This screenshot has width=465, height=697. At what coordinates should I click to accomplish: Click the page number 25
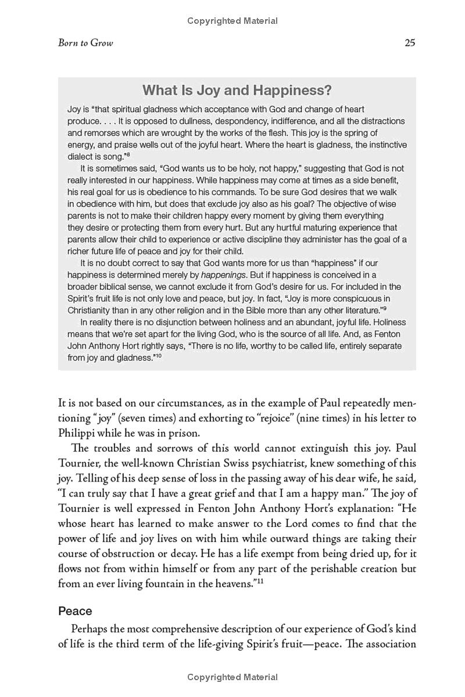[409, 44]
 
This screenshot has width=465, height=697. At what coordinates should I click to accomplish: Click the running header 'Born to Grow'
[85, 44]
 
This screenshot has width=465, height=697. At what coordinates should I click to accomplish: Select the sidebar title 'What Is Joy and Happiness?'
[237, 91]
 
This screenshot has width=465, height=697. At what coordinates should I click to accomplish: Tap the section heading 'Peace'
[75, 611]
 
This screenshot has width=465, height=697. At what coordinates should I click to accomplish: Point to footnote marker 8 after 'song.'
[128, 155]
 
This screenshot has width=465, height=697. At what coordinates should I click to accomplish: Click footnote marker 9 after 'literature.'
[385, 308]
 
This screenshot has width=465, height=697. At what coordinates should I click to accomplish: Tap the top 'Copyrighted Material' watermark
[233, 21]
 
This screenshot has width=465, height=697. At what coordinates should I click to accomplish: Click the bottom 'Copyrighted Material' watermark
[233, 677]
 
